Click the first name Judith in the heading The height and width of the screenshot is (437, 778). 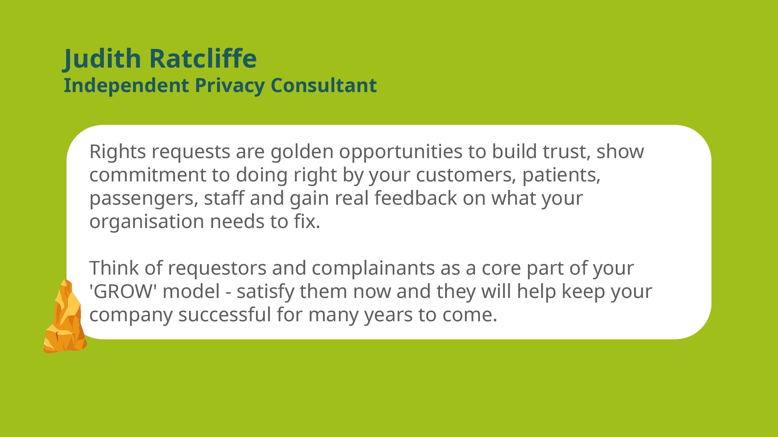point(102,59)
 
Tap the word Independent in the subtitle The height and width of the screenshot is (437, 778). point(126,86)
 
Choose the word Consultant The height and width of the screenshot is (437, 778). point(324,85)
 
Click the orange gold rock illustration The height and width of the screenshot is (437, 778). point(65,316)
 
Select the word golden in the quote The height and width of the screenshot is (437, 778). point(302,152)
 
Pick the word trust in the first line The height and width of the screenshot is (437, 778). point(567,152)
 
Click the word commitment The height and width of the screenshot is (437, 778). point(148,175)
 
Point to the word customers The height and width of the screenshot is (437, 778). point(466,175)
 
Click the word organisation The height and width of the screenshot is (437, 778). point(147,222)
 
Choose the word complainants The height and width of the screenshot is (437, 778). point(373,268)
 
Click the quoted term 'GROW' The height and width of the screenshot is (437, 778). point(123,291)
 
